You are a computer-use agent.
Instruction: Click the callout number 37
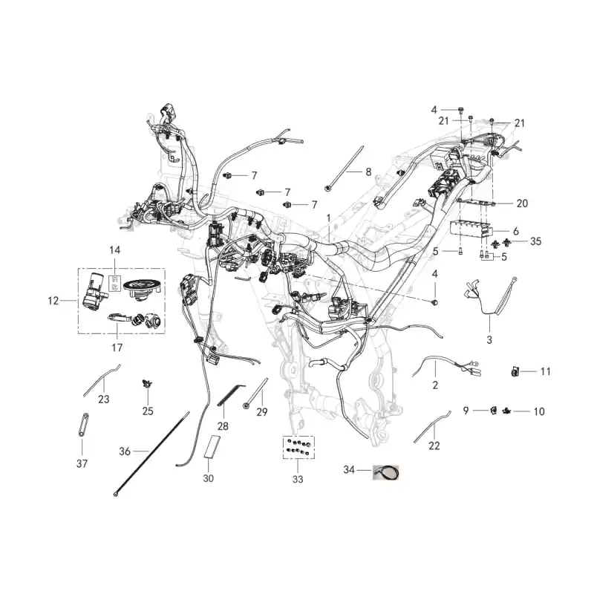(x=82, y=463)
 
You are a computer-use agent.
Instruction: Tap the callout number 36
(x=125, y=451)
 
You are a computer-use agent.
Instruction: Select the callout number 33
(x=298, y=479)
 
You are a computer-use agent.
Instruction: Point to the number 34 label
(x=349, y=470)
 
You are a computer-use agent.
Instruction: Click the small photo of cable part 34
(x=385, y=472)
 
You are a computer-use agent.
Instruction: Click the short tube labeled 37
(x=82, y=425)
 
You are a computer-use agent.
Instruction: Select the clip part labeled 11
(x=515, y=372)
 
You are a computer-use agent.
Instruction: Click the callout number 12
(x=53, y=301)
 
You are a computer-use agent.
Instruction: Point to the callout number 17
(x=117, y=347)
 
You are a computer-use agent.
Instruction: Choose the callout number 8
(x=368, y=172)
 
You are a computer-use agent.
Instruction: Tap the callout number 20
(x=522, y=203)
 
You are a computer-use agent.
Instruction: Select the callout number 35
(x=535, y=241)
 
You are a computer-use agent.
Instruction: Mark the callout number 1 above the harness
(x=328, y=218)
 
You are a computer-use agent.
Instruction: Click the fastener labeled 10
(x=506, y=411)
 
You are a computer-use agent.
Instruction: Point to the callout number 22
(x=434, y=446)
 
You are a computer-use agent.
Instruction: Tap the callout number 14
(x=115, y=250)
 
